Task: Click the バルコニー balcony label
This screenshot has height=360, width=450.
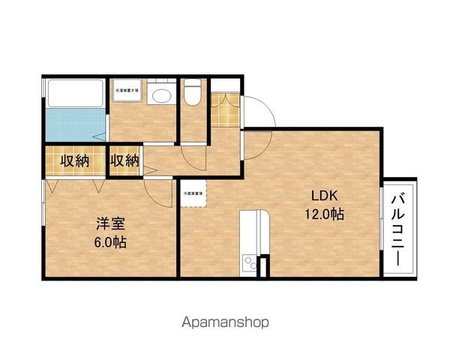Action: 400,229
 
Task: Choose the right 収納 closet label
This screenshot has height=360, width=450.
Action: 124,160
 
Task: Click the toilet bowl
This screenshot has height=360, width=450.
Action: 193,94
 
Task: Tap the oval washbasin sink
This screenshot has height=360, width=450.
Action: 158,95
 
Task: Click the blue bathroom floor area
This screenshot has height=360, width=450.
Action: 73,124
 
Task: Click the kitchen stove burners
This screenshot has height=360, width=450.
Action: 247,262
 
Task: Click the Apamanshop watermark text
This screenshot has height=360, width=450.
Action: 225,322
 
